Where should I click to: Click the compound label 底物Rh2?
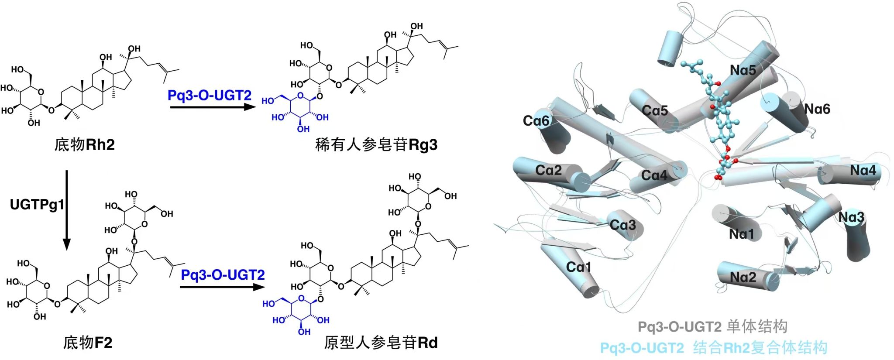[x=84, y=144]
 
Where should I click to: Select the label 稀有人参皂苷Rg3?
[x=376, y=144]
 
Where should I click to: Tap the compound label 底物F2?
[x=88, y=343]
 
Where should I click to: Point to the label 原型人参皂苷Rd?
[x=381, y=343]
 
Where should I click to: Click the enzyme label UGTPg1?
[x=37, y=204]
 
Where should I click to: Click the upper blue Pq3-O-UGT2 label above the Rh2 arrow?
[x=210, y=95]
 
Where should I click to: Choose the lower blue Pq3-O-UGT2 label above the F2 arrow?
[x=223, y=275]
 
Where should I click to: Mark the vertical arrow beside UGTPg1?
[x=67, y=209]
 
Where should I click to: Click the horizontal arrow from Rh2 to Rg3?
[x=212, y=107]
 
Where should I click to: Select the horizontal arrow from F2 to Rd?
[x=222, y=287]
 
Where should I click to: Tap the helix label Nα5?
[x=743, y=70]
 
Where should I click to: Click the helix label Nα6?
[x=817, y=109]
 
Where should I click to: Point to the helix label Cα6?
[x=536, y=121]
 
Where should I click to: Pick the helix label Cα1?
[x=578, y=267]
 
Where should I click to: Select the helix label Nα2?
[x=743, y=277]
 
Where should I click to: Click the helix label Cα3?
[x=622, y=225]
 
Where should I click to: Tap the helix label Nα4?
[x=863, y=170]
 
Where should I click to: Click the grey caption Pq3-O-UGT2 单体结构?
[x=712, y=326]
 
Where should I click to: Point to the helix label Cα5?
[x=655, y=110]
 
